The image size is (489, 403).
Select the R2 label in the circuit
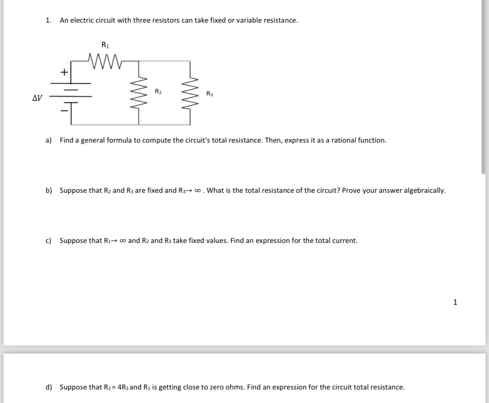(x=158, y=91)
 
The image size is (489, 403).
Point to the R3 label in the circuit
(x=209, y=94)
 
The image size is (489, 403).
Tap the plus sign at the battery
(x=64, y=72)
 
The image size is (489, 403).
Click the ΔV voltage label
(x=37, y=98)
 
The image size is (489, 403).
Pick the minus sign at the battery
(x=64, y=111)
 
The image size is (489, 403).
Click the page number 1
(x=455, y=302)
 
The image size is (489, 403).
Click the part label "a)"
(x=48, y=140)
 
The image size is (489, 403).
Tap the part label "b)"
(x=49, y=190)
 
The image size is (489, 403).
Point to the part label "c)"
(x=48, y=240)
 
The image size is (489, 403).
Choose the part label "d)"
(x=49, y=387)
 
